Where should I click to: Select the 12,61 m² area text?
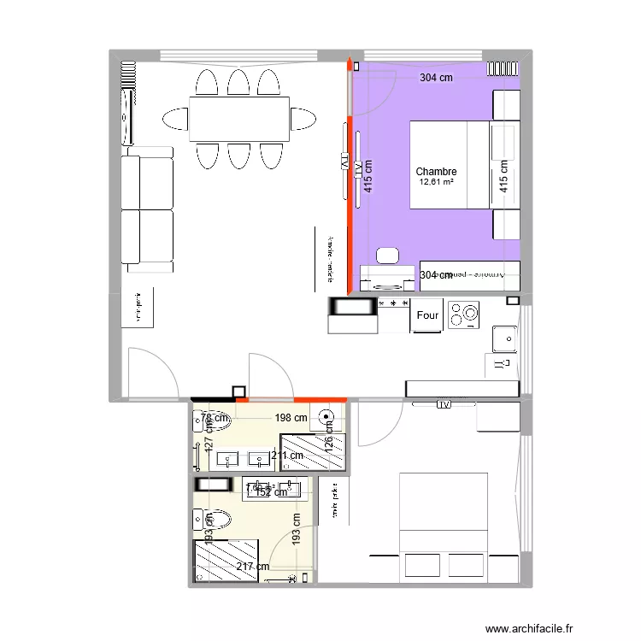(x=436, y=182)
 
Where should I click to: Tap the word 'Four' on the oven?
(x=427, y=316)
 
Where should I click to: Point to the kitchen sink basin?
(x=503, y=339)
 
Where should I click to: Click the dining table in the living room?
(x=238, y=119)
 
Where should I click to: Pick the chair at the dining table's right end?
(x=302, y=119)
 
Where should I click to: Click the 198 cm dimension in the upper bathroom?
(x=291, y=418)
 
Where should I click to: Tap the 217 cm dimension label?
(x=253, y=567)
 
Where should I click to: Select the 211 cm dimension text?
(x=286, y=456)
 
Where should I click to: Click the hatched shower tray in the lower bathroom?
(x=226, y=561)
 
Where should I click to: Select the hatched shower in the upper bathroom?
(x=313, y=452)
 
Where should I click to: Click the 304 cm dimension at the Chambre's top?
(x=436, y=78)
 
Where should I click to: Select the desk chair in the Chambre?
(x=388, y=256)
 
